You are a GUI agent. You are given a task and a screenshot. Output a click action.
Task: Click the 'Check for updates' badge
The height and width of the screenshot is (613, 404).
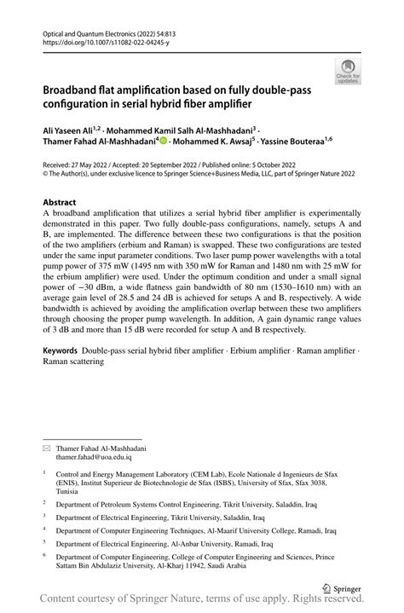pos(348,71)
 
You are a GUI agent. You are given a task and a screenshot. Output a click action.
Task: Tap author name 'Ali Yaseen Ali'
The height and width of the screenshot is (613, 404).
pos(69,129)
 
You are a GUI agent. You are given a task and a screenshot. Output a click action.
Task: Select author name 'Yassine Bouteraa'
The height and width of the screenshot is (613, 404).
pos(292,142)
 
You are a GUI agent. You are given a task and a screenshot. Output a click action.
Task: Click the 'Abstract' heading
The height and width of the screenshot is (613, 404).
pos(60,202)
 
